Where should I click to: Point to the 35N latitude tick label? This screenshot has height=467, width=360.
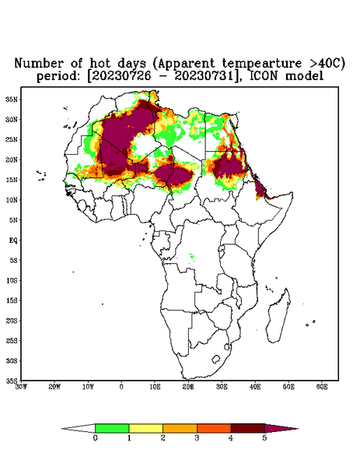11,99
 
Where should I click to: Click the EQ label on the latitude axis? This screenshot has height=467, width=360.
12,240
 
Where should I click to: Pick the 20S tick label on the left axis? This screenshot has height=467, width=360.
12,321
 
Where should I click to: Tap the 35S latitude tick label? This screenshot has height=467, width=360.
12,381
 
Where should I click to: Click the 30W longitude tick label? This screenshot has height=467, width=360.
21,387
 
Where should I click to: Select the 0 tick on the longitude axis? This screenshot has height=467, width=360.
121,387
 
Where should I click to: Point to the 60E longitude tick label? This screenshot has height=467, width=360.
322,387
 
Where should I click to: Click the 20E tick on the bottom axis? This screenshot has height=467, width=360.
188,387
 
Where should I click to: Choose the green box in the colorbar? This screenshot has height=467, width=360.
112,428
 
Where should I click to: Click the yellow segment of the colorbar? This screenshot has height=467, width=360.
145,428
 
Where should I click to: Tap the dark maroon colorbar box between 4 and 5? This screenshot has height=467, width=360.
248,428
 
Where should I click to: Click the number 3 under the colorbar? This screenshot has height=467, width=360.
197,438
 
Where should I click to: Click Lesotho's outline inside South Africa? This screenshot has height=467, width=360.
215,359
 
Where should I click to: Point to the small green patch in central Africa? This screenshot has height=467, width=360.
192,257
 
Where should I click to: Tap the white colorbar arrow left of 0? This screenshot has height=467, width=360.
79,428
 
